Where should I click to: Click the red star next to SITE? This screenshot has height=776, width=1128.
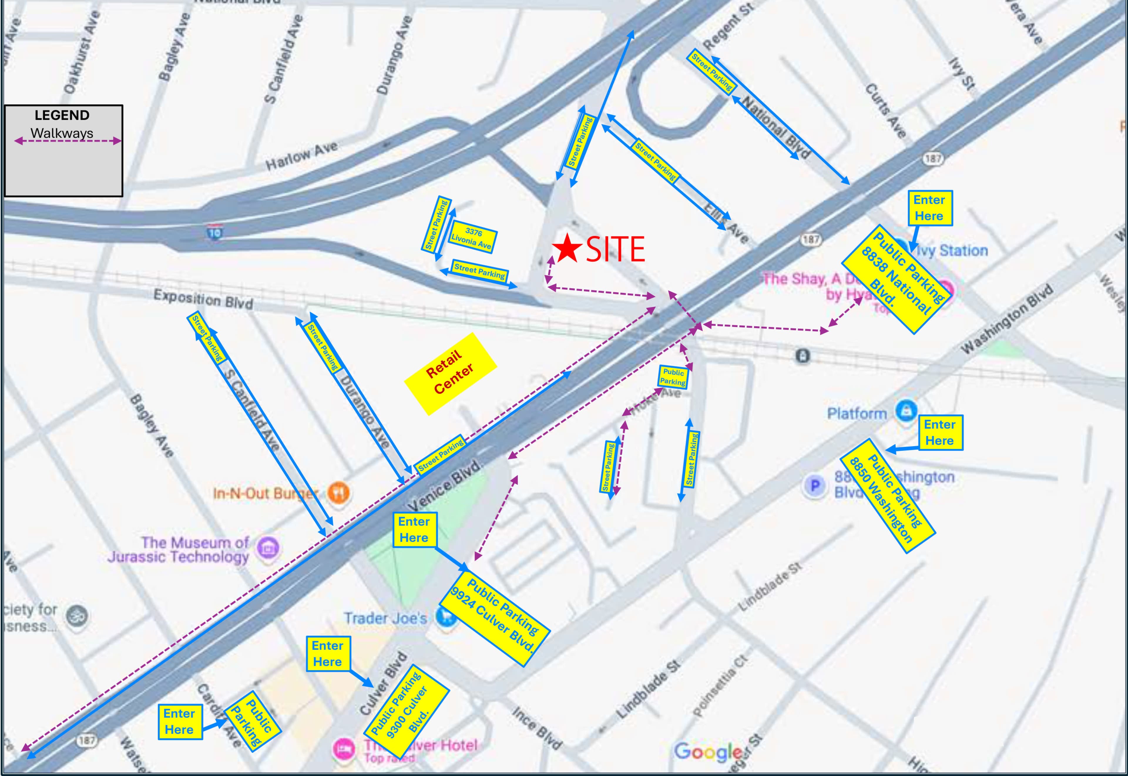[567, 249]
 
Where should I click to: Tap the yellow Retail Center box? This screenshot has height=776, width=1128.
[450, 373]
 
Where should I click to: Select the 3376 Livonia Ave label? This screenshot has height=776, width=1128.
[472, 237]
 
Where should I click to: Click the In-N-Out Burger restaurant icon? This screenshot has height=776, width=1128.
[338, 492]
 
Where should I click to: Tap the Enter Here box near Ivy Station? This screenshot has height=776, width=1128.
[929, 208]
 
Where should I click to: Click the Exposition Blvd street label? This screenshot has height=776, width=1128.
[203, 299]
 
